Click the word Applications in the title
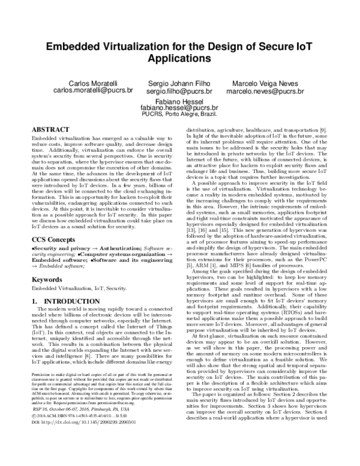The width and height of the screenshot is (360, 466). coord(179,61)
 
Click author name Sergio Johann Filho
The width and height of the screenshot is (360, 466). coord(179,82)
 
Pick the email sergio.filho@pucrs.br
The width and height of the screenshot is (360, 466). coord(179,91)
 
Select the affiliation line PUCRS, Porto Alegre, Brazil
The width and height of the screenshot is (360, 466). coord(179,116)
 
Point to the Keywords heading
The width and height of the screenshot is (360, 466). coord(47,280)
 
